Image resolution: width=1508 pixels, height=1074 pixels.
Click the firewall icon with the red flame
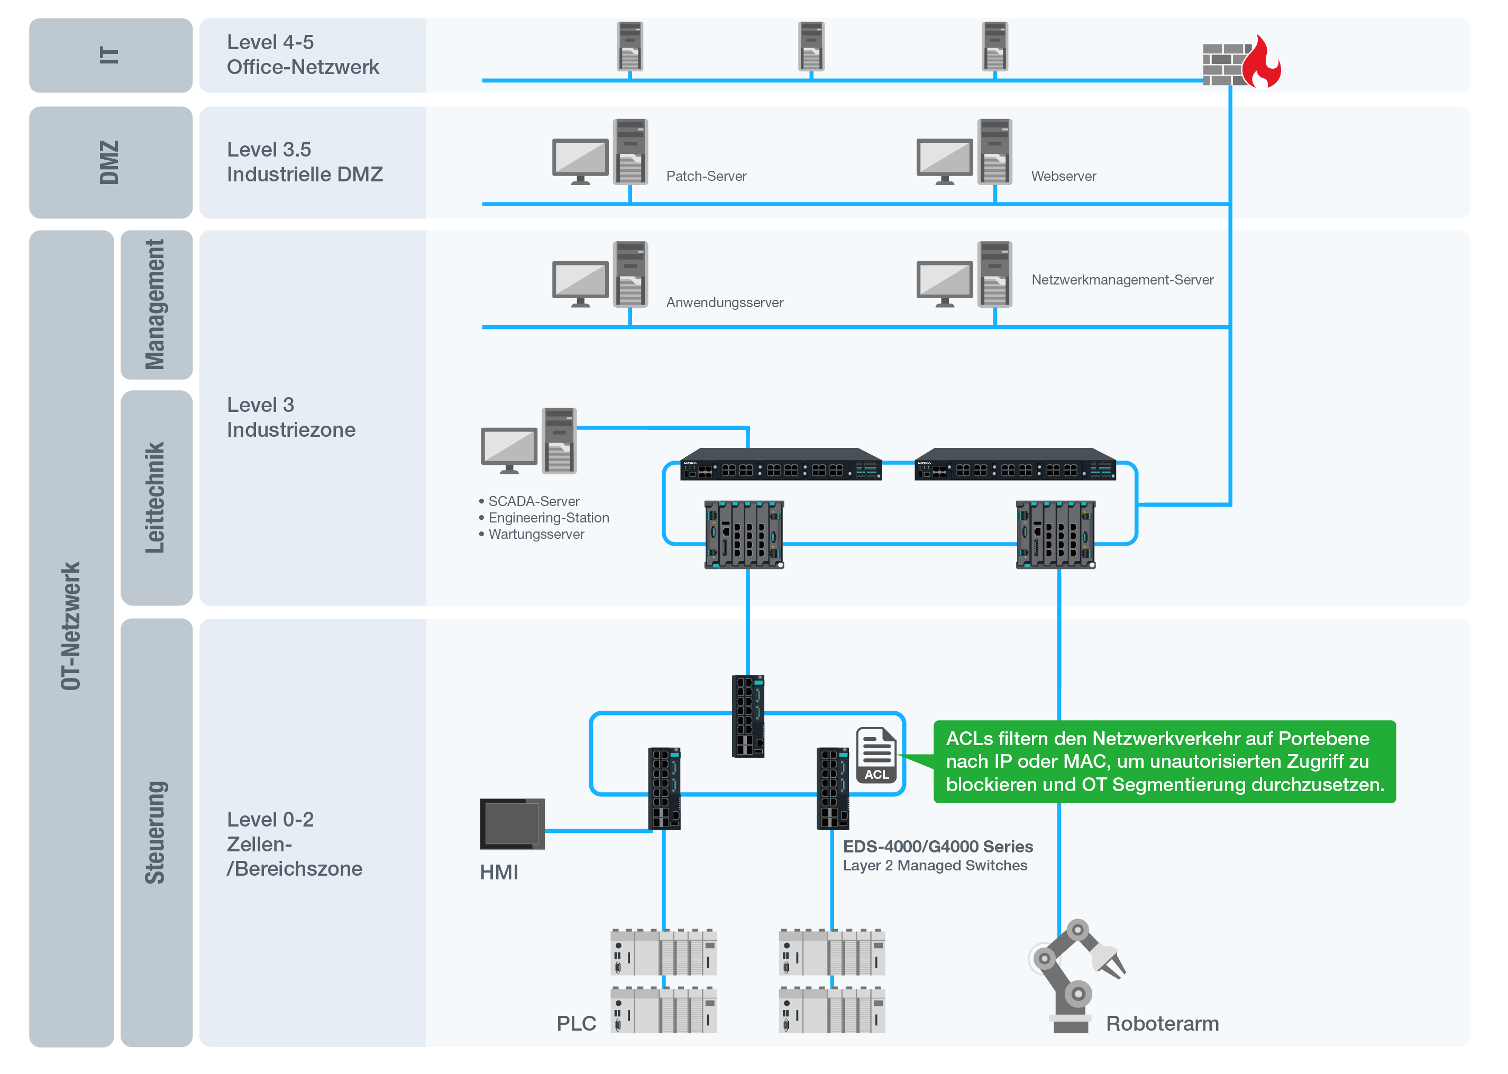click(1241, 62)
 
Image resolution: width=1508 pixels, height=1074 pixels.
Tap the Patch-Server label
click(706, 176)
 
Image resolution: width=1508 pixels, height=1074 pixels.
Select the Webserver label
click(1063, 176)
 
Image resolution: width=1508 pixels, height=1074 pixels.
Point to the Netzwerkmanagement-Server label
click(1122, 280)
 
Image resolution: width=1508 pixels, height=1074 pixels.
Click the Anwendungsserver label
click(724, 302)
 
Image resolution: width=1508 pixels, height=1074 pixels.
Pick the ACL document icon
click(876, 755)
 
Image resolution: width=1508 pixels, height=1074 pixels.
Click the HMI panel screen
click(512, 823)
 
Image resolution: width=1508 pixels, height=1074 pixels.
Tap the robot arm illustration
click(1076, 975)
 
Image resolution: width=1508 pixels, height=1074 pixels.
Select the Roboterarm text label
click(1162, 1023)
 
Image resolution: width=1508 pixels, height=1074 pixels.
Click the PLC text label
click(576, 1023)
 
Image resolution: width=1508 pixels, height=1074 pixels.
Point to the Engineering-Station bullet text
click(549, 518)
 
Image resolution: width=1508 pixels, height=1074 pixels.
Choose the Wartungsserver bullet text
click(536, 534)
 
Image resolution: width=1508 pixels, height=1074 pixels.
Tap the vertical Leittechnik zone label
click(155, 497)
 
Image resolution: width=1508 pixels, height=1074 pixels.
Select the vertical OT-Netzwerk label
click(71, 626)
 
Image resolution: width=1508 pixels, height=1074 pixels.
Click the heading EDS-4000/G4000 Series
click(937, 847)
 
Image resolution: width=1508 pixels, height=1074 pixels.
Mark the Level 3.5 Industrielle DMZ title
click(304, 162)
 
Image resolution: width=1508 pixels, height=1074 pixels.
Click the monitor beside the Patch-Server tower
click(580, 161)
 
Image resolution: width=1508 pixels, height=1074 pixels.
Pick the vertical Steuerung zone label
click(155, 832)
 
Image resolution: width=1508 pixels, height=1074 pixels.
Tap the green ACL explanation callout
click(1164, 762)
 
